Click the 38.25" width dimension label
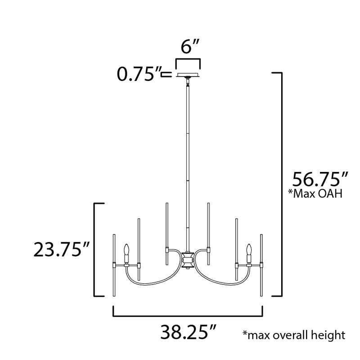[x=188, y=332]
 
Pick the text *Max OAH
[x=315, y=194]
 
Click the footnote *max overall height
[x=294, y=335]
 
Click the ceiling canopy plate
[x=188, y=75]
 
